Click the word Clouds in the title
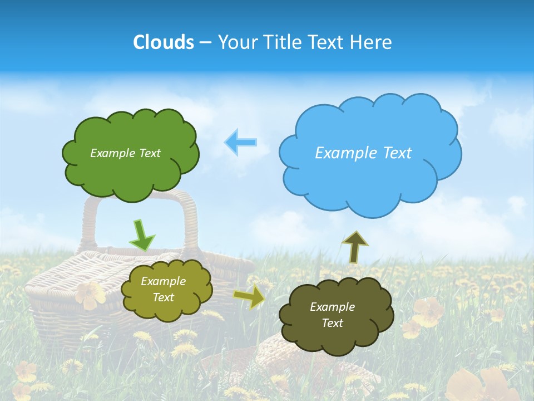(x=164, y=42)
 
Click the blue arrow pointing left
(x=241, y=142)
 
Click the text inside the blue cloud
(x=363, y=153)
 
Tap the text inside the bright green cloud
(x=125, y=153)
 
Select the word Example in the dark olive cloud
(x=332, y=307)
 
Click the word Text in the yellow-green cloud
(x=163, y=298)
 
